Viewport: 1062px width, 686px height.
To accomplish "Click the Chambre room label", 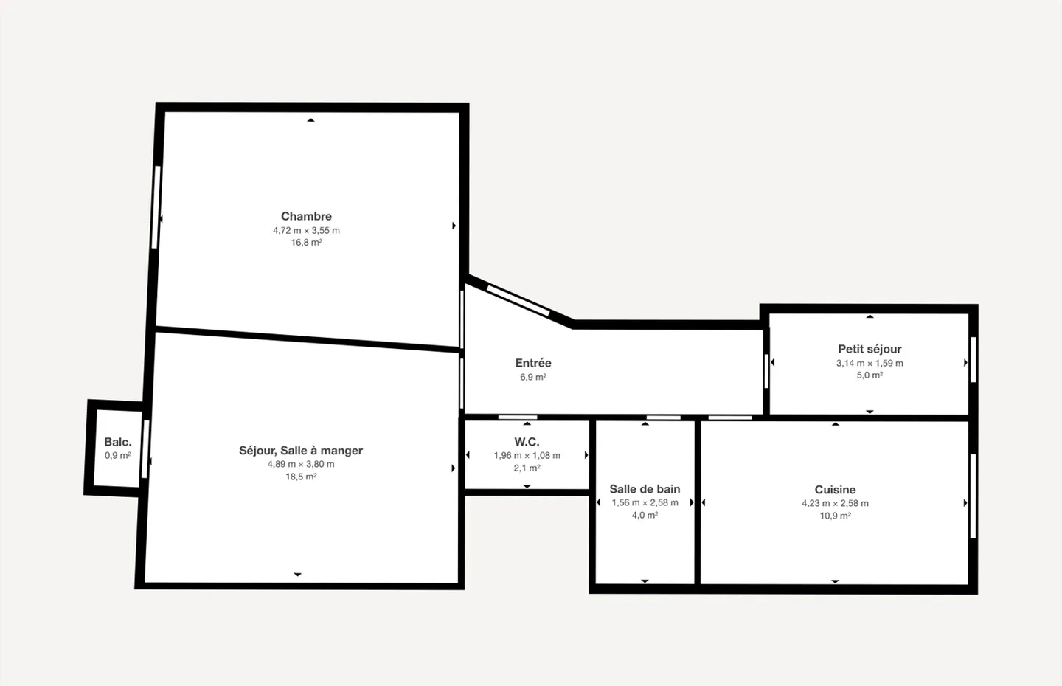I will click(306, 216).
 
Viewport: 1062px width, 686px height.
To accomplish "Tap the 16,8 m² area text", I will click(306, 243).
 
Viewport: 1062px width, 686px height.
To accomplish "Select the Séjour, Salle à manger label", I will click(301, 451).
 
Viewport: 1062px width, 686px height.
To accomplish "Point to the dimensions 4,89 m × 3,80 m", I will click(301, 464).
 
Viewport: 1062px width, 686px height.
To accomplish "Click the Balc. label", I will click(117, 442).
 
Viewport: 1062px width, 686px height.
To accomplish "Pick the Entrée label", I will click(533, 363).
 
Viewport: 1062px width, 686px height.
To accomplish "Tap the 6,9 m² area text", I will click(533, 377).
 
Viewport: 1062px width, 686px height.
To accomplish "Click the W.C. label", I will click(527, 442).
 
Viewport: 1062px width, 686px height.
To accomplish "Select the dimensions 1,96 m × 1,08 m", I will click(527, 455).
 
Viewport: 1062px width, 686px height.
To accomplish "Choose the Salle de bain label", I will click(645, 489).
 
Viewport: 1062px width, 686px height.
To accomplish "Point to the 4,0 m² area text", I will click(645, 516).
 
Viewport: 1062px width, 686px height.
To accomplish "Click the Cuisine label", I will click(835, 490).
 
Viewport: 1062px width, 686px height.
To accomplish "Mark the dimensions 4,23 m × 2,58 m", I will click(835, 503).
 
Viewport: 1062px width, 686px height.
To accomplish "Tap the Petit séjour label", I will click(870, 349).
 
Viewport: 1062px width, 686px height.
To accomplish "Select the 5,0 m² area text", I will click(870, 375).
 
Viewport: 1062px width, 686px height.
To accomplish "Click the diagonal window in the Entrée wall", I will click(518, 300).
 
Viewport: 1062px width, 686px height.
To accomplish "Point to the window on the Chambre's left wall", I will click(156, 207).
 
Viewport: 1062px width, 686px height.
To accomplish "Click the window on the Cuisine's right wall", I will click(973, 496).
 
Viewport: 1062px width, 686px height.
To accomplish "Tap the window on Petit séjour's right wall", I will click(973, 359).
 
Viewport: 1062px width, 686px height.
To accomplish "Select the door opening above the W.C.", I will click(517, 418).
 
